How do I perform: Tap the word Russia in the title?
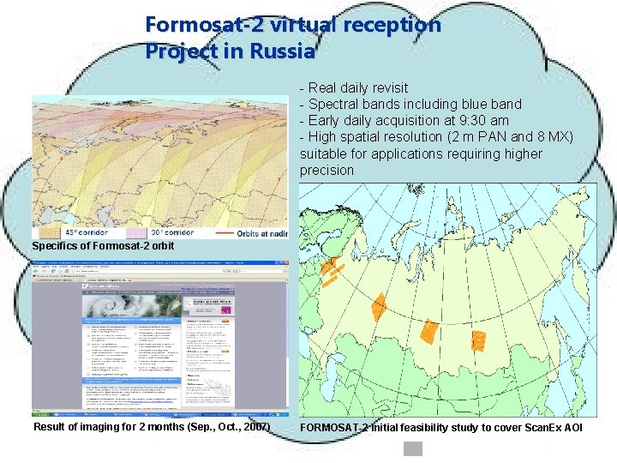click(282, 51)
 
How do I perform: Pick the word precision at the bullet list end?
click(326, 170)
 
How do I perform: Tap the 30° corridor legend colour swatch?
click(135, 232)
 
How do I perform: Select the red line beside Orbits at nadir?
click(227, 232)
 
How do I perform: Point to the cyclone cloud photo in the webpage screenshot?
click(128, 304)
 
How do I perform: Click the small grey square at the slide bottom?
click(414, 448)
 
